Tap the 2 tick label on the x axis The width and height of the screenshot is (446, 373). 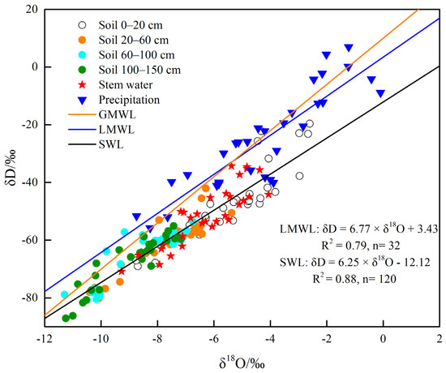click(439, 339)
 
